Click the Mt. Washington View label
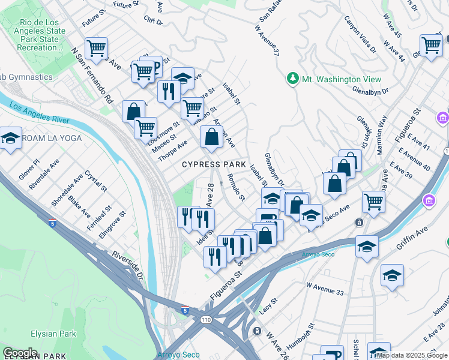click(342, 79)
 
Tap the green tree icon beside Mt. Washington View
click(293, 79)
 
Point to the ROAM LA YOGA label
click(52, 138)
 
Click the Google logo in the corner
click(20, 352)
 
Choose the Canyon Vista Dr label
click(358, 34)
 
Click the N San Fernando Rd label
click(92, 75)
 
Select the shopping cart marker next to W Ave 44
click(430, 44)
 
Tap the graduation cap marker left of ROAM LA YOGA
click(10, 138)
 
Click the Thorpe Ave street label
click(172, 150)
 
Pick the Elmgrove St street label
click(113, 224)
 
